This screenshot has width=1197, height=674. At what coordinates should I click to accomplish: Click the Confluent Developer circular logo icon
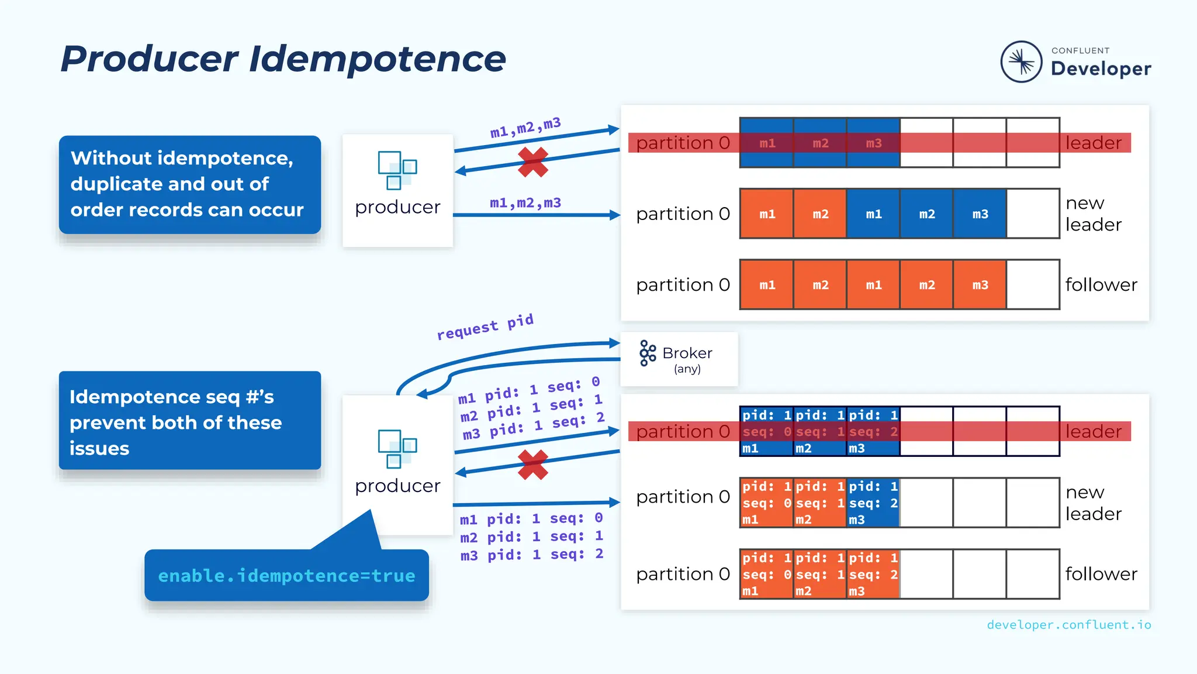1021,61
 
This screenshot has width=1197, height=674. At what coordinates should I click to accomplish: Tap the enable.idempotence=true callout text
286,576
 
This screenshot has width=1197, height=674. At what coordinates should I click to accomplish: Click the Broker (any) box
679,359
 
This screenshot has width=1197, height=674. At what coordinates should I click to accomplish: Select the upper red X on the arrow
532,162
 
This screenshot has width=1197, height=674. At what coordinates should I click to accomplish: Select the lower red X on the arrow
532,465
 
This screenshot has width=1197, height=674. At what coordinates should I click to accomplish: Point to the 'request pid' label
485,326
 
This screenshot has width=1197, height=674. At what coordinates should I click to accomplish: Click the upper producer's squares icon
397,170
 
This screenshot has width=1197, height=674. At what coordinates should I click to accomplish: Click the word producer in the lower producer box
397,486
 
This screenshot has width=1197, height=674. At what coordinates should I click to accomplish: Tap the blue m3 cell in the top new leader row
980,214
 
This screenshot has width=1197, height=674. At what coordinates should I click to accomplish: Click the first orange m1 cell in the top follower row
767,285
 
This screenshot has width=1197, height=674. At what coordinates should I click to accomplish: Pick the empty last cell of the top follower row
1032,285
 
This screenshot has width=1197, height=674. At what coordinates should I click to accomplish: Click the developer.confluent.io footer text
1068,625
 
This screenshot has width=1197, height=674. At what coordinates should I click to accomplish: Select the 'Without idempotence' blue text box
189,184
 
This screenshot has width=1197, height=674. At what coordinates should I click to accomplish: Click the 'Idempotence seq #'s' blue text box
189,421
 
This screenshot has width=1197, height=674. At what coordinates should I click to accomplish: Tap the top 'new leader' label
1092,214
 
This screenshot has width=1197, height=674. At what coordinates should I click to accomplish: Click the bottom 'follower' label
1101,574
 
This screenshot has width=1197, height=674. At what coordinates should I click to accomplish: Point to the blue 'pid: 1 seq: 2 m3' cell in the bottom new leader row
873,503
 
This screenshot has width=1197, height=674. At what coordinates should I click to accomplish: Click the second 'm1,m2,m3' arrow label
525,202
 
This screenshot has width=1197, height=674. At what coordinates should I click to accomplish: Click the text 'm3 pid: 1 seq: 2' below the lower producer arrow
531,555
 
